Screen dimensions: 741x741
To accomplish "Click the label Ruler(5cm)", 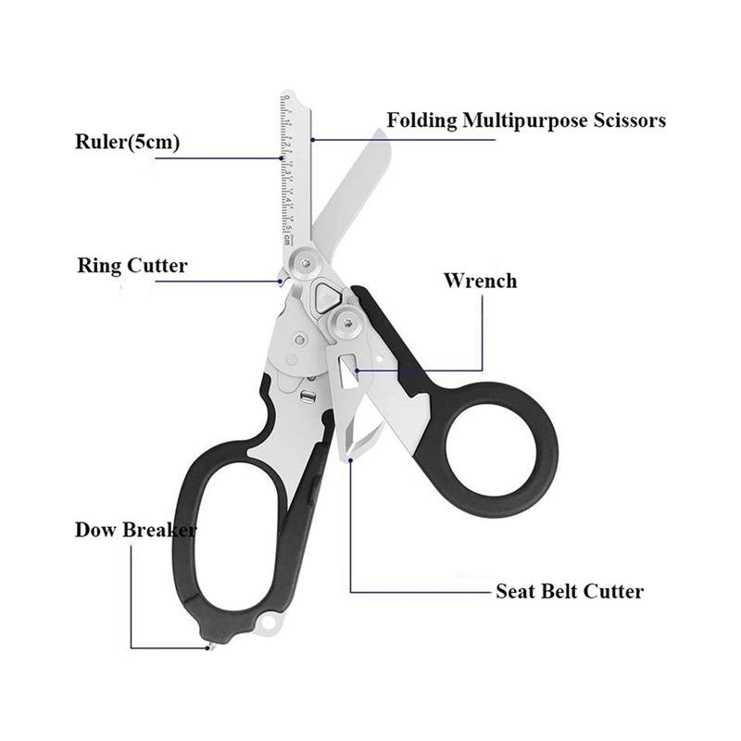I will point(127,143).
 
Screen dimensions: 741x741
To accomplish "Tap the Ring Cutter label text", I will point(132,266).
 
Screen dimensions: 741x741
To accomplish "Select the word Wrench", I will point(480,280).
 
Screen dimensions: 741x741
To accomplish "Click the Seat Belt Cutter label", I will point(569,590).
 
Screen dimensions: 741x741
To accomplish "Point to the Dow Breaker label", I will point(135,530).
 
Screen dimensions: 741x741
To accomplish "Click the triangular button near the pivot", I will point(325,296).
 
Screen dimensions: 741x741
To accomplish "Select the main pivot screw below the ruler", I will point(304,263).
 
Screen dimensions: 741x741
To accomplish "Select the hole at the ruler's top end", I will point(286,97).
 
